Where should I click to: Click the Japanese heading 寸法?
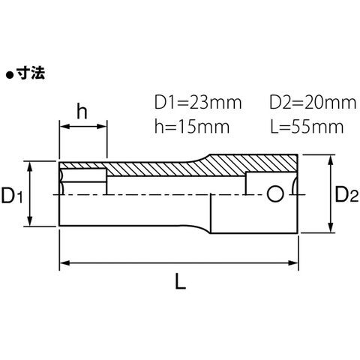(x=31, y=73)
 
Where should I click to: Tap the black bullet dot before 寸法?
(x=10, y=75)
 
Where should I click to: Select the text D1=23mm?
(x=198, y=103)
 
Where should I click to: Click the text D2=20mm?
(x=313, y=103)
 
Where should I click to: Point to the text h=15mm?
(x=192, y=127)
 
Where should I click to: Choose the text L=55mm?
(x=307, y=127)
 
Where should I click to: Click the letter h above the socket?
(x=82, y=112)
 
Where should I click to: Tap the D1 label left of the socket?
(x=12, y=196)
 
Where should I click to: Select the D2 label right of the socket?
(x=346, y=194)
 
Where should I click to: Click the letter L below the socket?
(x=180, y=280)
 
